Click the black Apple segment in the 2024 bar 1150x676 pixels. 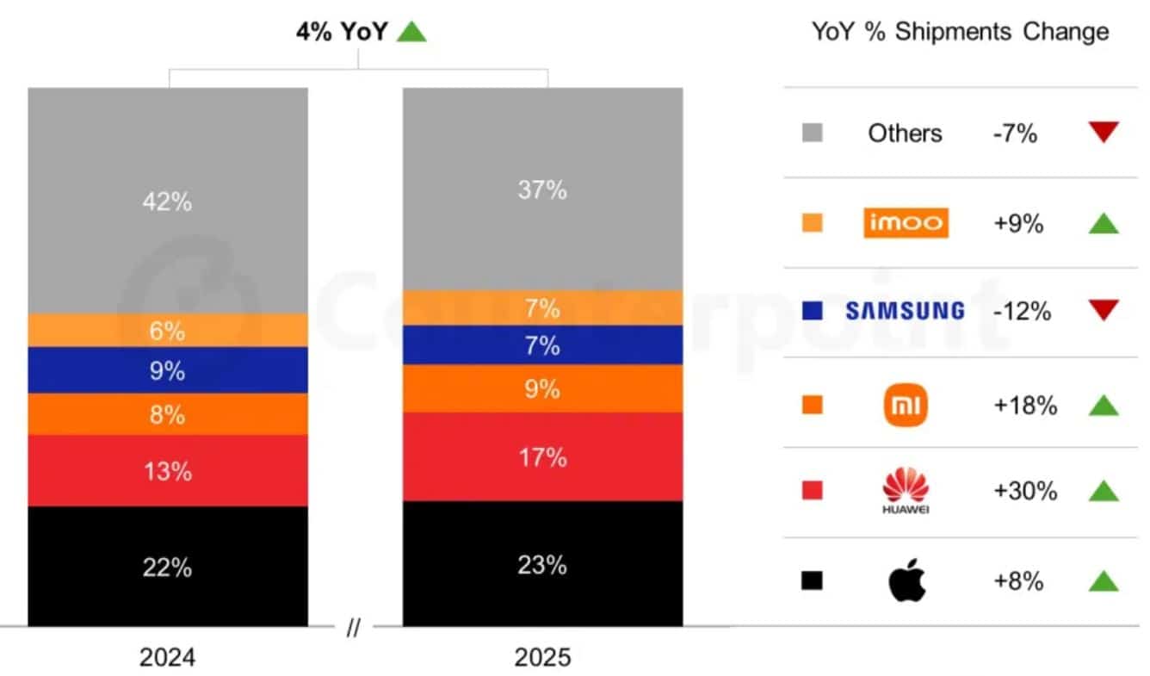click(168, 567)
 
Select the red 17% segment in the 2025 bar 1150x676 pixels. click(542, 456)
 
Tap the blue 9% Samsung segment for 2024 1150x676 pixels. click(168, 370)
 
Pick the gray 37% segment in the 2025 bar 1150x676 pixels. click(542, 189)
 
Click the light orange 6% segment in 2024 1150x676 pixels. click(168, 331)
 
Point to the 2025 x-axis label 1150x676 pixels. click(542, 658)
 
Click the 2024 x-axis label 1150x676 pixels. click(167, 658)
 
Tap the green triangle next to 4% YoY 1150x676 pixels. click(411, 33)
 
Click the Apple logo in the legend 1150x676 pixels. click(906, 581)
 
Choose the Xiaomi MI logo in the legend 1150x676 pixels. click(906, 405)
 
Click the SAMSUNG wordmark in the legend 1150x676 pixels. click(905, 311)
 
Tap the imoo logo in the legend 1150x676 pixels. click(906, 223)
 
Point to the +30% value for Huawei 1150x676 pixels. click(1024, 491)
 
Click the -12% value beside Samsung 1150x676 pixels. click(1022, 311)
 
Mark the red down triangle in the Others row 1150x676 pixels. click(1103, 132)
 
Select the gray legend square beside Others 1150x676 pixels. click(812, 133)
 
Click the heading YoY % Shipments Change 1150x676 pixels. click(960, 33)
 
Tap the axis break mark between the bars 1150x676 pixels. click(354, 629)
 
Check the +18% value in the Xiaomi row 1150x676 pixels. click(1024, 405)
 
